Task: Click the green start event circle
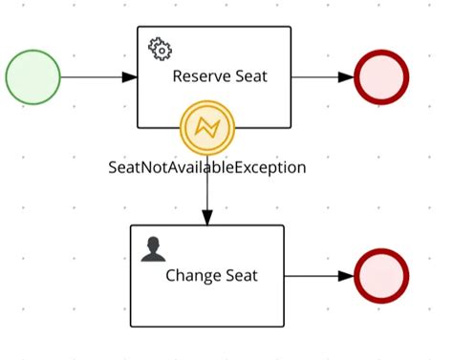pos(32,76)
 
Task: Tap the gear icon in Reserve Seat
pos(158,48)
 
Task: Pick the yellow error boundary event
pos(207,127)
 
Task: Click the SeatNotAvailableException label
pos(207,167)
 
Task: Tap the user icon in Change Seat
pos(152,249)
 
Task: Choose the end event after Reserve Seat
pos(381,76)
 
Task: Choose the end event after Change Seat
pos(380,276)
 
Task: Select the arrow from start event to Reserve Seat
pos(96,76)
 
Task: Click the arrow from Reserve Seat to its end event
pos(320,76)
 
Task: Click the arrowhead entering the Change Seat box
pos(207,219)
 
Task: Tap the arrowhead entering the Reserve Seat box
pos(130,76)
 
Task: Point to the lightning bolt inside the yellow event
pos(207,127)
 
